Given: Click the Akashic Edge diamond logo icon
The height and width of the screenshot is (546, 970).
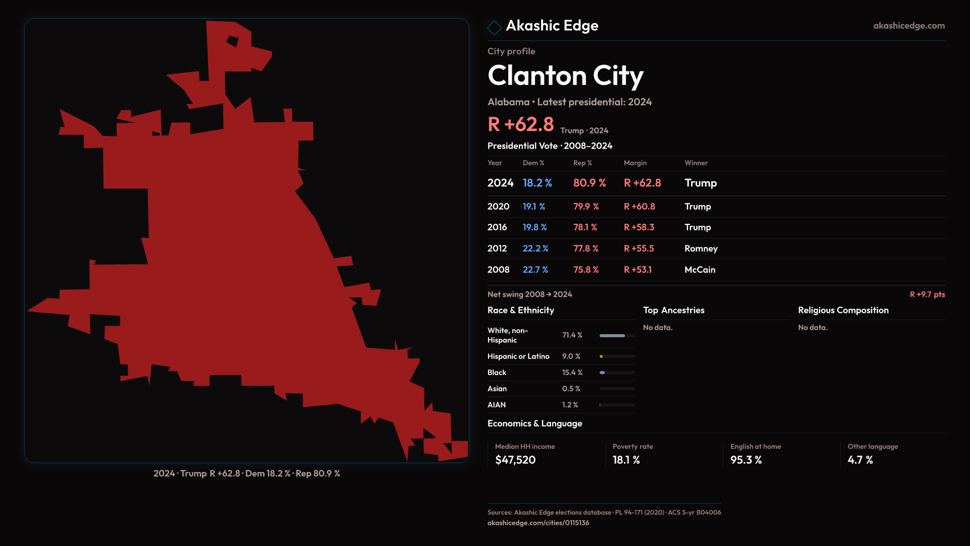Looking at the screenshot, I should click(494, 27).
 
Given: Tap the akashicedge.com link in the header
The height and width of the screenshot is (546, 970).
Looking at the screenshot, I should click(908, 26).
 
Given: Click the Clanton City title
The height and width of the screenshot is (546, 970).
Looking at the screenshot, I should click(565, 76).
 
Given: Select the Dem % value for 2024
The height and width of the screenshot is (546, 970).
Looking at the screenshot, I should click(537, 183).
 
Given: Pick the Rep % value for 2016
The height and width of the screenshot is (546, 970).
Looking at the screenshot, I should click(585, 227).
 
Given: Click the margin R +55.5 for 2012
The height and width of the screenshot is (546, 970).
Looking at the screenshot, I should click(639, 249).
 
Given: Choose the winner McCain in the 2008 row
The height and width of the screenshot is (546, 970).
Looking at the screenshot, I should click(700, 270).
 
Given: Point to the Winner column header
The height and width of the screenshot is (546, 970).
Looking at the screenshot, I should click(696, 163).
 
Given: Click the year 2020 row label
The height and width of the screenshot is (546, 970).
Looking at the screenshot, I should click(498, 207).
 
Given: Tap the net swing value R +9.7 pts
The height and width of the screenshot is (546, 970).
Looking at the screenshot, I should click(927, 294).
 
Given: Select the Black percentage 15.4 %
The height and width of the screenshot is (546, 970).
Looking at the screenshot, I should click(572, 373).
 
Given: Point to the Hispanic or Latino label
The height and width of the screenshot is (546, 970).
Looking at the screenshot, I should click(518, 356).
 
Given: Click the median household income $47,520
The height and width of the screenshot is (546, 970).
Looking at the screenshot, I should click(515, 460).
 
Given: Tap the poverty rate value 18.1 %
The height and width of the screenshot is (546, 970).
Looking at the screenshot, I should click(626, 460).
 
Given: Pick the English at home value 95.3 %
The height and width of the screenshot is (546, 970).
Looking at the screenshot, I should click(746, 460).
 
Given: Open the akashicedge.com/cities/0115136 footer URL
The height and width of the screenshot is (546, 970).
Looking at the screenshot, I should click(538, 523).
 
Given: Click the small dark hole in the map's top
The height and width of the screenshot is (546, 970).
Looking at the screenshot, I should click(232, 41).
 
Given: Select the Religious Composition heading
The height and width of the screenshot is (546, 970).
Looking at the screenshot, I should click(843, 310).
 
